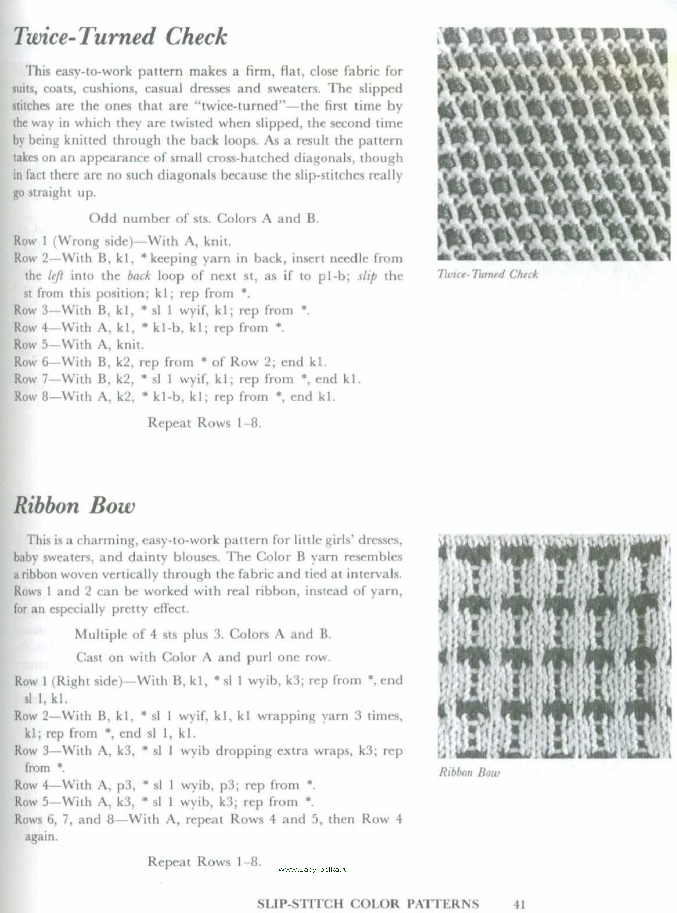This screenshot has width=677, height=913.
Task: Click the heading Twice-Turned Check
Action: click(x=120, y=37)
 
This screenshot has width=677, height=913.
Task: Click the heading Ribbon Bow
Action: click(x=75, y=506)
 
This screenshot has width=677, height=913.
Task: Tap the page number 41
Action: click(x=519, y=904)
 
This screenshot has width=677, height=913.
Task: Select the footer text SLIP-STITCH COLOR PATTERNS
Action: click(x=368, y=904)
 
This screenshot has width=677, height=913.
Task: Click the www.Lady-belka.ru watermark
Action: click(x=313, y=869)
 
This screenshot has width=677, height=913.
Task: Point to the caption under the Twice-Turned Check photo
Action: click(x=487, y=274)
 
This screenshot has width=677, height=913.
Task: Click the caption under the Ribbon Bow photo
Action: click(x=469, y=772)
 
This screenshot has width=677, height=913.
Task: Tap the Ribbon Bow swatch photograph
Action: click(x=553, y=645)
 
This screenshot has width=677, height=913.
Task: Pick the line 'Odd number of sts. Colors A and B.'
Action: click(x=203, y=219)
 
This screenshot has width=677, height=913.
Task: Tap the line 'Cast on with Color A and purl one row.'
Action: click(x=203, y=657)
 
